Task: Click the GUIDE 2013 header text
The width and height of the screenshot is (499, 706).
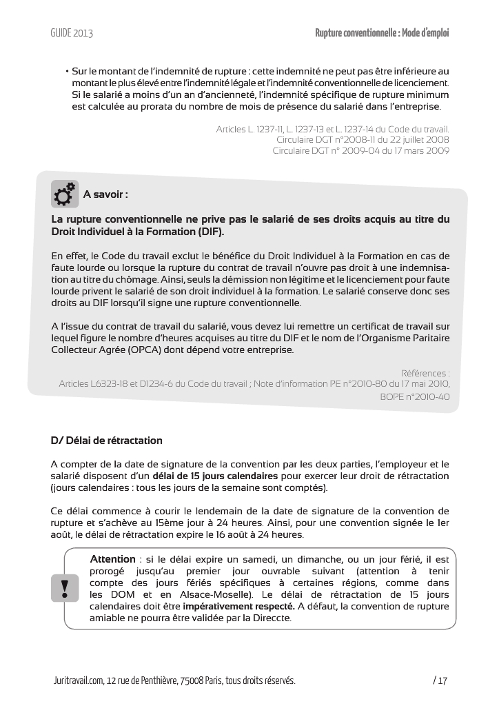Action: (x=72, y=33)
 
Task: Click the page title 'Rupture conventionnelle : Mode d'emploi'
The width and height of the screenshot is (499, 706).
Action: (x=382, y=33)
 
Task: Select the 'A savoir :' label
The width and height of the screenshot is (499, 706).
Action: (x=105, y=194)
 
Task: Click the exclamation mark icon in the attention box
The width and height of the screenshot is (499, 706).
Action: (x=65, y=588)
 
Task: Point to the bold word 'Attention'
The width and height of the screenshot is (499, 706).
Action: (x=113, y=558)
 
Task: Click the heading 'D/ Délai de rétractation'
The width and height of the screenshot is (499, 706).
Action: (x=107, y=441)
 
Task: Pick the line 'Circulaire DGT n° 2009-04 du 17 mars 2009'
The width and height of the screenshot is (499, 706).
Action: (x=360, y=150)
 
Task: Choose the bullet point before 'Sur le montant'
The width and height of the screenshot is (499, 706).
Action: (x=67, y=71)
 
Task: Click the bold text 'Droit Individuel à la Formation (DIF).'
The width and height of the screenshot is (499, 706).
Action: (x=138, y=231)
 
